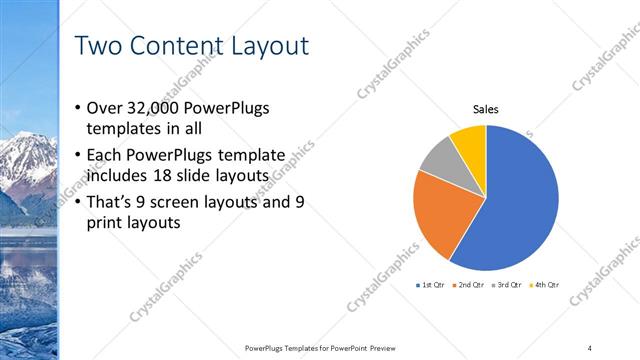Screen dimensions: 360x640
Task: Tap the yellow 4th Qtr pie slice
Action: pyautogui.click(x=470, y=141)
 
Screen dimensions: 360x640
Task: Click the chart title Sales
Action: pyautogui.click(x=485, y=110)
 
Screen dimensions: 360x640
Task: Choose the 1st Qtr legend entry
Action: pyautogui.click(x=432, y=285)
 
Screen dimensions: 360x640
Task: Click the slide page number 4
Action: pyautogui.click(x=589, y=347)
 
